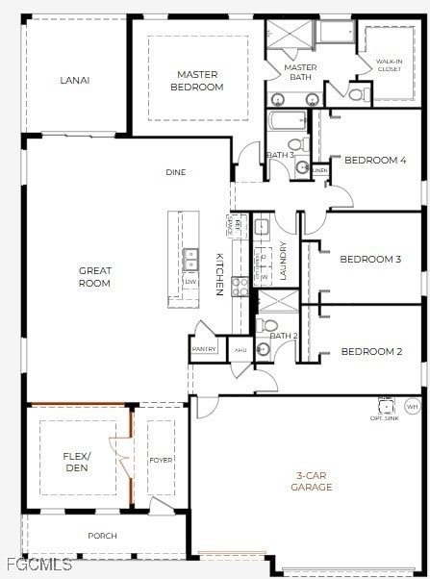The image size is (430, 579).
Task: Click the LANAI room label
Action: coord(74,81)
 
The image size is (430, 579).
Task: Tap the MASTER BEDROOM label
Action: coord(198,81)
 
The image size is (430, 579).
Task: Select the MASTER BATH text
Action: coord(300,73)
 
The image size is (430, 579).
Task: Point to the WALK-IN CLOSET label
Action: coord(389,65)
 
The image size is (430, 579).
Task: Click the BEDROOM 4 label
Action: coord(375,161)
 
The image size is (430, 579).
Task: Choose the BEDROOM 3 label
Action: coord(370,260)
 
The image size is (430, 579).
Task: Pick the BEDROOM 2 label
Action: coord(371,352)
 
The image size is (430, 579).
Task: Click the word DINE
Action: coord(175,173)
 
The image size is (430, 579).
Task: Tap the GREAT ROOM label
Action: coord(94,277)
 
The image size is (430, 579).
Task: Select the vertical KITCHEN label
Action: coord(219,273)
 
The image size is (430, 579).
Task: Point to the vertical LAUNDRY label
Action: coord(283,261)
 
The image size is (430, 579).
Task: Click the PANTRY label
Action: coord(204,349)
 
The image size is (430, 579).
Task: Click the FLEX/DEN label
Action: coord(76,461)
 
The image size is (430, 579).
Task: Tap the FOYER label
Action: coord(161,461)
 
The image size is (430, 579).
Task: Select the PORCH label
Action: coord(102,536)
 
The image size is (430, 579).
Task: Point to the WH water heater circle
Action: coord(413,407)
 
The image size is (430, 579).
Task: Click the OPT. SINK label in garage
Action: coord(384,418)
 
